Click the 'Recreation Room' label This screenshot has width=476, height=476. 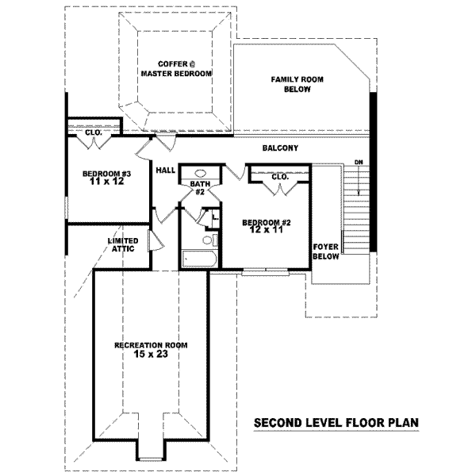151,345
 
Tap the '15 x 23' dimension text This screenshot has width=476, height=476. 151,355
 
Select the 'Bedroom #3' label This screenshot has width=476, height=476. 106,174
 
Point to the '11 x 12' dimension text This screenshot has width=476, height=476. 106,182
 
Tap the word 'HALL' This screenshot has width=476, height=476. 166,170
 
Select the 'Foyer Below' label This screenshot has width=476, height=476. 326,251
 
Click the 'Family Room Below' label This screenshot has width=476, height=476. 290,85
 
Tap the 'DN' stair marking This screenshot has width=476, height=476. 359,163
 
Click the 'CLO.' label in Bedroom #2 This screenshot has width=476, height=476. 280,177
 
